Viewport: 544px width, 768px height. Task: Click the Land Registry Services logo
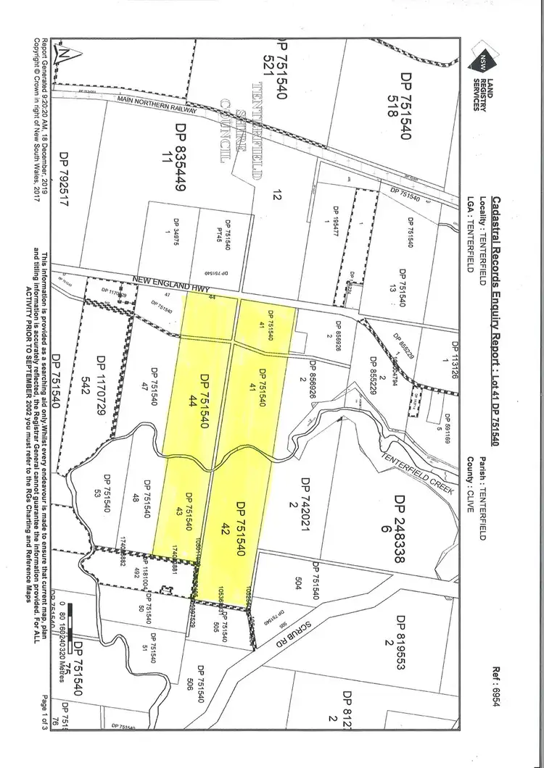coord(485,72)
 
